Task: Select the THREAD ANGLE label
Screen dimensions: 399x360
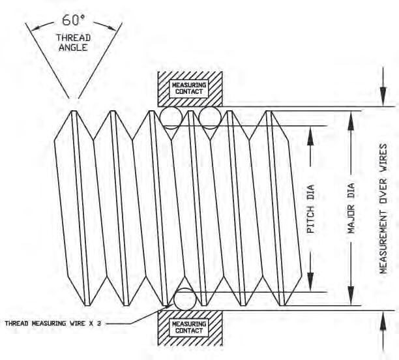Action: pos(73,43)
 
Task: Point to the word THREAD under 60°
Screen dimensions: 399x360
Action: pos(73,38)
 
